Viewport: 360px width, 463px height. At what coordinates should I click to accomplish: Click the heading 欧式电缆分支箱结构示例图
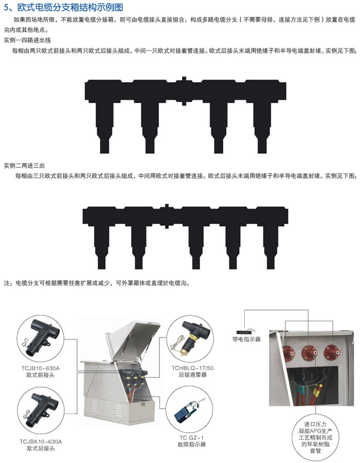(70, 7)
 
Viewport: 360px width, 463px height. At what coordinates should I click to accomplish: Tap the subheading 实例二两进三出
(24, 166)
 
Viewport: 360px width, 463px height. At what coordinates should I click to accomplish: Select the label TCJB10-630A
(40, 368)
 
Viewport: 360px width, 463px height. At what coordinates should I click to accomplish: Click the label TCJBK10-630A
(41, 442)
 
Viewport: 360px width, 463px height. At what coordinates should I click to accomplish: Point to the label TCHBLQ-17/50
(193, 368)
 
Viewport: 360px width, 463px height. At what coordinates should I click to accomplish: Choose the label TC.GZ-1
(192, 438)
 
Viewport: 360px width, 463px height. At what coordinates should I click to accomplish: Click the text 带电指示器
(246, 340)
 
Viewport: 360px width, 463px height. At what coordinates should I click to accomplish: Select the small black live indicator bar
(246, 332)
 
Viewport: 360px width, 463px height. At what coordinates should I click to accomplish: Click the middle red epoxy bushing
(310, 352)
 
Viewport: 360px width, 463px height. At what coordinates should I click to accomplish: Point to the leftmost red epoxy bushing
(289, 352)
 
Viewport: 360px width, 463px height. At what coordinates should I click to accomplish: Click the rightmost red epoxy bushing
(332, 352)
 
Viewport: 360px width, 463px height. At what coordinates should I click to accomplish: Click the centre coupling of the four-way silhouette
(184, 91)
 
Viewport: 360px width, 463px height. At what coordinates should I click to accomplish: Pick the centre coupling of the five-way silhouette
(167, 216)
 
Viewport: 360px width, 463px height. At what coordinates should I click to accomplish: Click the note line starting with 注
(97, 283)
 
